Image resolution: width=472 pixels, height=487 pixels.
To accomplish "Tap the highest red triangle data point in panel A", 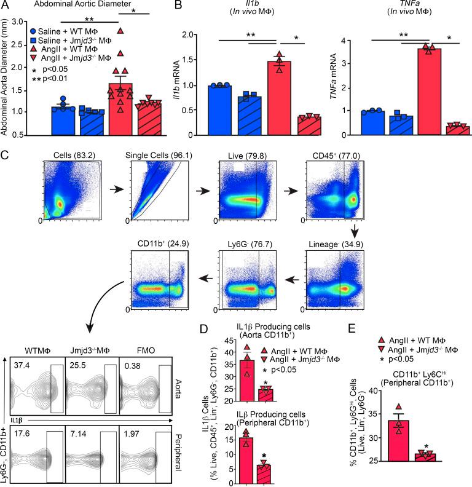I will pyautogui.click(x=121, y=30).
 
